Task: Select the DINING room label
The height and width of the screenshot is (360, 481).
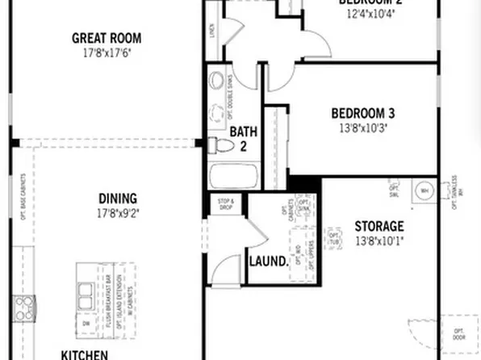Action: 118,198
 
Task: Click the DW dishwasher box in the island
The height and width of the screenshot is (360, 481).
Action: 86,322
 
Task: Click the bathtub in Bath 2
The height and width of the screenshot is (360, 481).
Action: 232,176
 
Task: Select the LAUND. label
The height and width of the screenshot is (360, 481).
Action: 269,262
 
